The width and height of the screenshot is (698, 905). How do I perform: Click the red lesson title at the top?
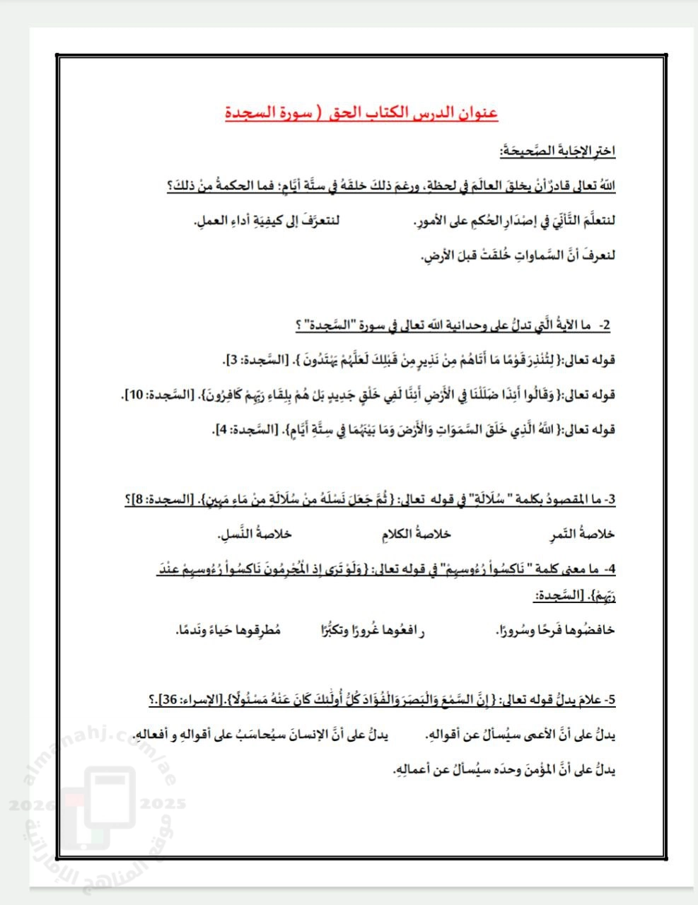click(361, 113)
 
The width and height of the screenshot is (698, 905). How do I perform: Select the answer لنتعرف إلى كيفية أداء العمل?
click(267, 221)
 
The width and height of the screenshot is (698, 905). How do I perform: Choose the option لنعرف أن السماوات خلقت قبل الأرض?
click(518, 255)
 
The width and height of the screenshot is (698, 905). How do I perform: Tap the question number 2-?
click(605, 326)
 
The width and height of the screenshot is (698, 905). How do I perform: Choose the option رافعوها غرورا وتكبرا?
click(373, 630)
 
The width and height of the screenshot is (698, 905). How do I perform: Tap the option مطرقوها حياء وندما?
click(228, 630)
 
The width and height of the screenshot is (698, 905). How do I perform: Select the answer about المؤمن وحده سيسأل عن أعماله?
click(504, 769)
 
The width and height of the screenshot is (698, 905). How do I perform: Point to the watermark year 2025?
click(163, 803)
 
